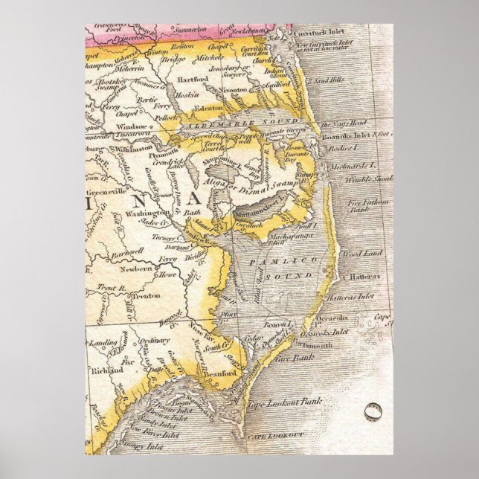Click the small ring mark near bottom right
pos(373,411)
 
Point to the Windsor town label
pos(131,126)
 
